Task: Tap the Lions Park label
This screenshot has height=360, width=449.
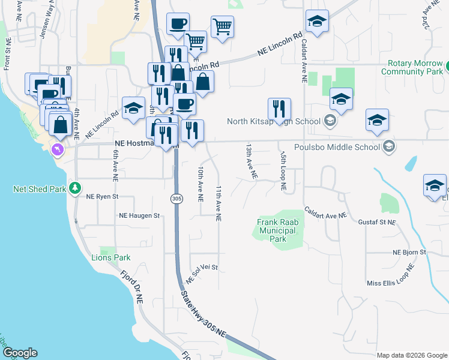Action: (110, 257)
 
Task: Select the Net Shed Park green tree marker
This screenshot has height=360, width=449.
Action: (75, 188)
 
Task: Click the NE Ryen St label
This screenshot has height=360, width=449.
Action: (103, 196)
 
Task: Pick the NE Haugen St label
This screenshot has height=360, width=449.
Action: (140, 215)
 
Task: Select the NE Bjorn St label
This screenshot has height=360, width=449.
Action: (409, 253)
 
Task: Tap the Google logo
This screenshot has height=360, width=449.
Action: (19, 353)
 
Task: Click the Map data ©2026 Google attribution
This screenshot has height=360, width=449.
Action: (411, 356)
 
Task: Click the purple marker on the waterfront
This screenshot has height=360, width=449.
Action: (58, 149)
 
